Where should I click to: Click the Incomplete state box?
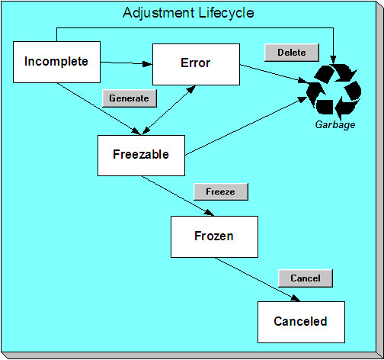[x=57, y=62]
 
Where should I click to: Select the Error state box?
[x=197, y=64]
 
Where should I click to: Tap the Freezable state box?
[x=142, y=154]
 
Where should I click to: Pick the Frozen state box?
[x=214, y=236]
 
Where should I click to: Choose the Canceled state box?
[x=301, y=321]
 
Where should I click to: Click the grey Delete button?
[x=291, y=53]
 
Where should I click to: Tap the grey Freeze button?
[x=220, y=192]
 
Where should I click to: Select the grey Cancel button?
[x=306, y=278]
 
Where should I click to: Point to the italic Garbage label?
[x=335, y=124]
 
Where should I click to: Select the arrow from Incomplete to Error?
[x=126, y=63]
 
